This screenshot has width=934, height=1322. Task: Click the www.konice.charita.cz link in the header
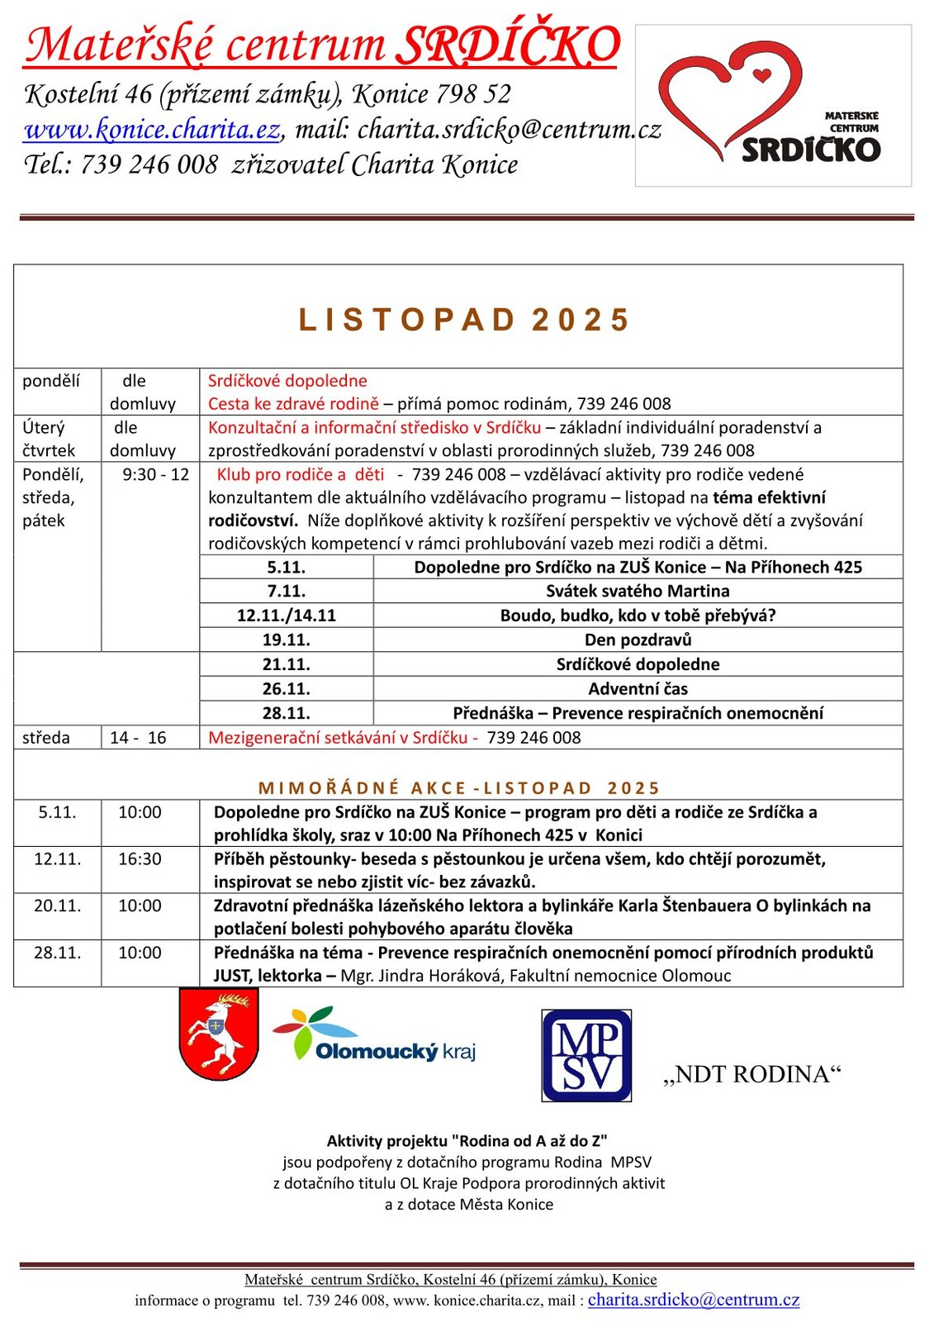coord(152,130)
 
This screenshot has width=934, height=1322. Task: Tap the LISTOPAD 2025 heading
coord(464,320)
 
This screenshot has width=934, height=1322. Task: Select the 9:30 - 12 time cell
coord(155,475)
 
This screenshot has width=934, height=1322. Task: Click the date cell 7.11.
coord(286,592)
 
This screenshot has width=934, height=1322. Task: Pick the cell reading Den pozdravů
coord(638,640)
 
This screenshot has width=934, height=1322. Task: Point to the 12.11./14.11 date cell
coord(286,616)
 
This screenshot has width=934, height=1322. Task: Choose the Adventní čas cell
coord(638,689)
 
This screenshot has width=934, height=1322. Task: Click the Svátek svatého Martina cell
coord(638,592)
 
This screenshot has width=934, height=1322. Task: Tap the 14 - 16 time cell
coord(138,738)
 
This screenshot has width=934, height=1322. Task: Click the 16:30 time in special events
coord(140,859)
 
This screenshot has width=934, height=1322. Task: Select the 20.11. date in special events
coord(58,906)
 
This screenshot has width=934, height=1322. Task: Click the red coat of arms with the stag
coord(218,1034)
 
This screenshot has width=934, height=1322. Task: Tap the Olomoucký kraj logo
coord(376,1036)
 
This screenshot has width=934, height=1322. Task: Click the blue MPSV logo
coord(586,1055)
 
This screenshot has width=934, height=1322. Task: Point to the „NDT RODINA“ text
coord(751,1074)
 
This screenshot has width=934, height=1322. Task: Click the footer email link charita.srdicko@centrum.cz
coord(694,1300)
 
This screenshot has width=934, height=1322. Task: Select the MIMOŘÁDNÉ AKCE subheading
coord(459,788)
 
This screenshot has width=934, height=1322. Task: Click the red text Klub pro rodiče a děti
coord(301,475)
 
